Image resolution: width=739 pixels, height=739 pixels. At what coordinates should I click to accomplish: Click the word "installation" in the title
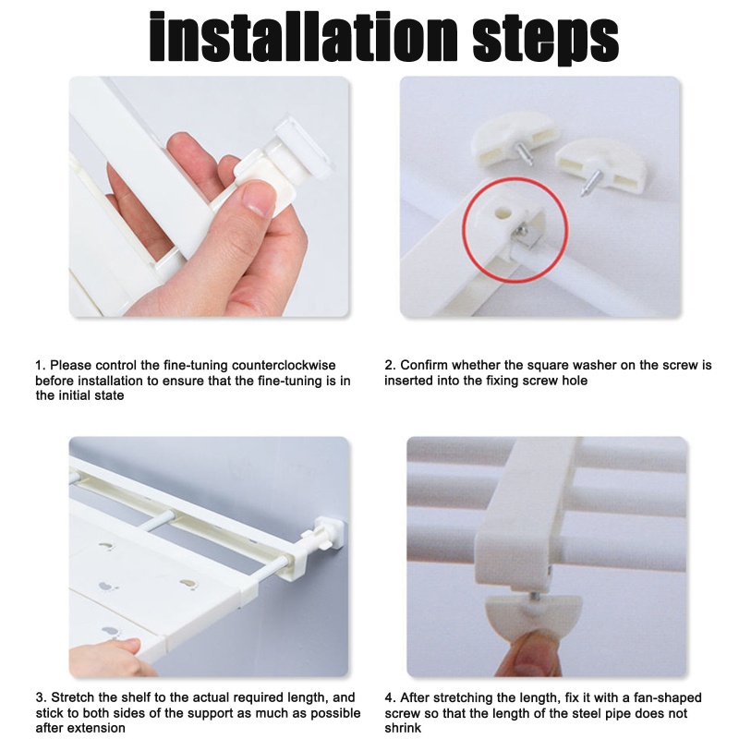coord(304,37)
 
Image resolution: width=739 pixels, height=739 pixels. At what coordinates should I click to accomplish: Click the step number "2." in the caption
coord(390,365)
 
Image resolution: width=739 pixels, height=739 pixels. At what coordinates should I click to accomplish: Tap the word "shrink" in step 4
coord(403,728)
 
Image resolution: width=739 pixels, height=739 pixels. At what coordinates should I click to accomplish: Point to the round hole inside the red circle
coord(503,212)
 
